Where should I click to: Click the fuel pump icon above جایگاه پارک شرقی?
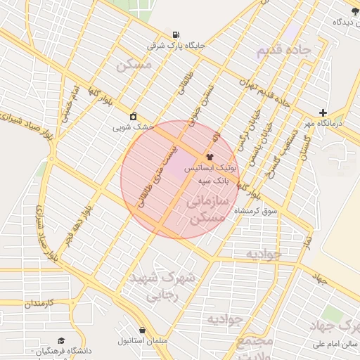[175, 34]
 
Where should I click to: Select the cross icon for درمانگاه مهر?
[322, 112]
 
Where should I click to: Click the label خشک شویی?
[134, 127]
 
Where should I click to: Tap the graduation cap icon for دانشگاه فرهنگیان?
[60, 340]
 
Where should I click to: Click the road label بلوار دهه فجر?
[77, 224]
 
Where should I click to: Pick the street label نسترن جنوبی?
[207, 103]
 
